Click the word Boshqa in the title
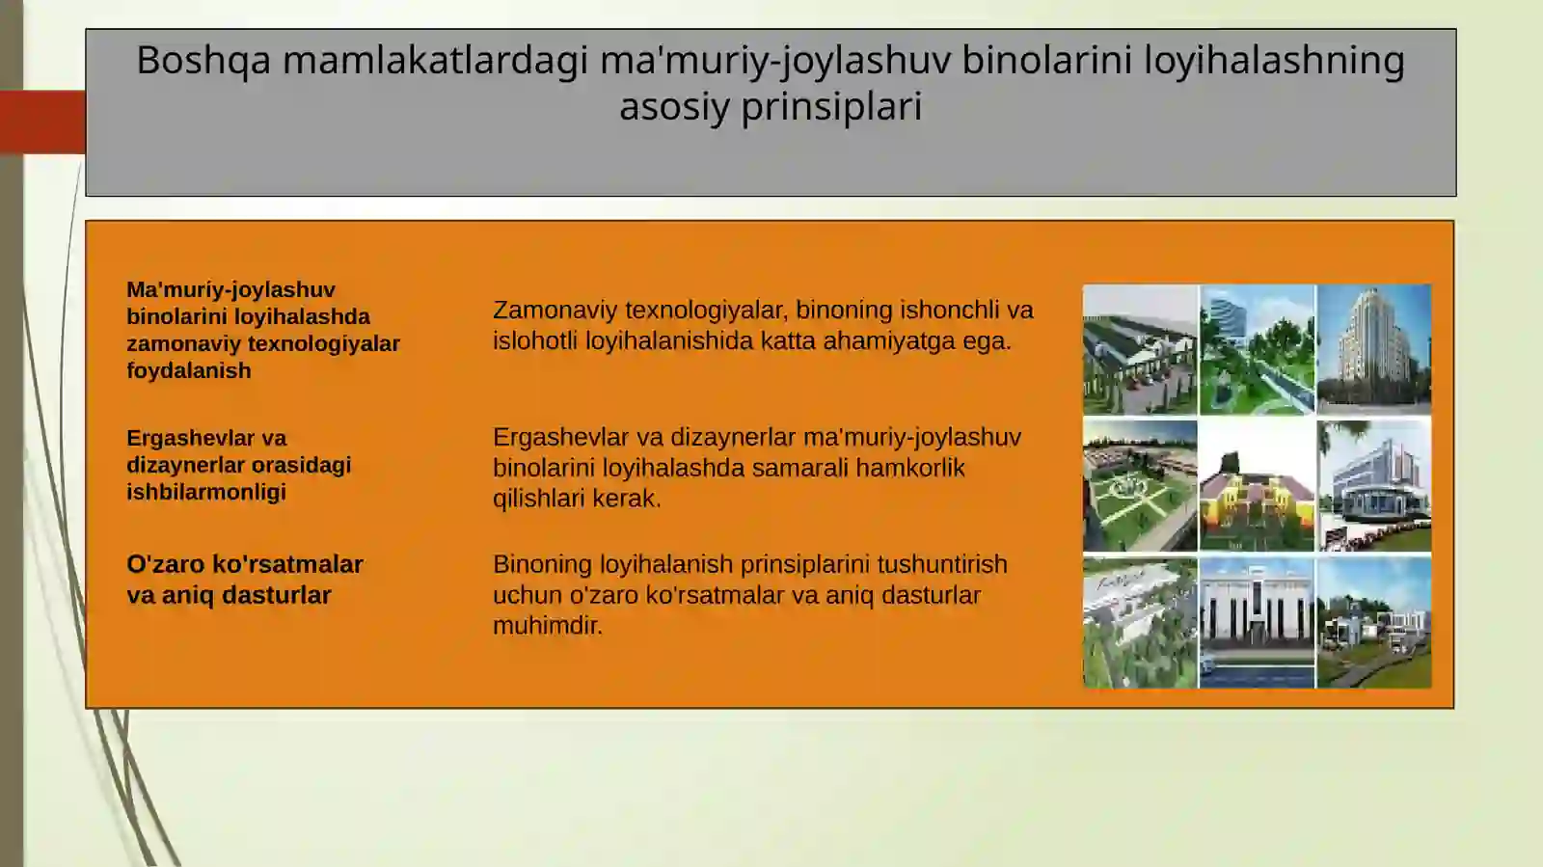[203, 61]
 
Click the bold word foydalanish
[188, 370]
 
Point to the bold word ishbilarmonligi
[205, 492]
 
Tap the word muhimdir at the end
[547, 626]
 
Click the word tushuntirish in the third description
[941, 564]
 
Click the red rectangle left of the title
[42, 122]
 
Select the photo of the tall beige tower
[1373, 349]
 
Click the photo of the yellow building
[1256, 485]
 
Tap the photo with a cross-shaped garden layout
[1139, 485]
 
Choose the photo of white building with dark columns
[1256, 622]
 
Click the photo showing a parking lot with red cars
[1139, 349]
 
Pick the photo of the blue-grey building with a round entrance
[1373, 485]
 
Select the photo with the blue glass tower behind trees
[1256, 349]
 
